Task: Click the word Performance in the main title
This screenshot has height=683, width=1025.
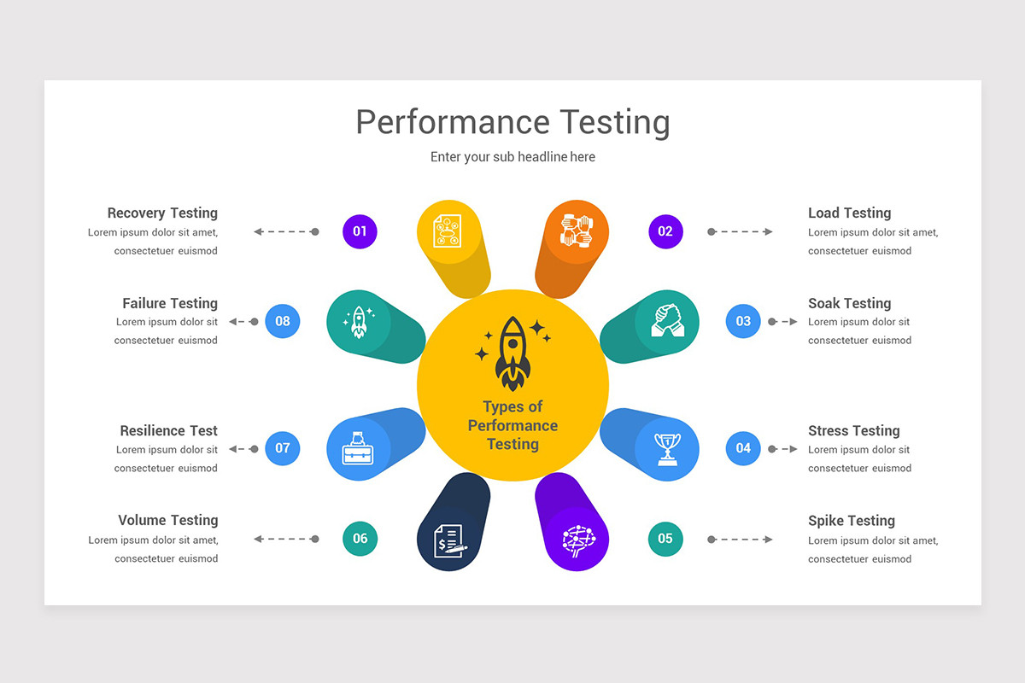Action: tap(453, 122)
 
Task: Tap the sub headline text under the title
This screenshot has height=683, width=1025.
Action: tap(512, 157)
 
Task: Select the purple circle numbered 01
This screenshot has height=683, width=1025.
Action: tap(360, 231)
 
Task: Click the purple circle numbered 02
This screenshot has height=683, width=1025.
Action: tap(665, 231)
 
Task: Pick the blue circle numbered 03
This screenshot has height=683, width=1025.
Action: tap(743, 321)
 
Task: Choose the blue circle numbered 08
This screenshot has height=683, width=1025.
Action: tap(283, 321)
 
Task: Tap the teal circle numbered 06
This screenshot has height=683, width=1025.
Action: tap(360, 538)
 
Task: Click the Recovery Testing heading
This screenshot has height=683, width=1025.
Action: tap(162, 213)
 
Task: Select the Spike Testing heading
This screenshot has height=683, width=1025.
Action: tap(852, 520)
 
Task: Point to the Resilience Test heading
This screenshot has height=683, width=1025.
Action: tap(168, 430)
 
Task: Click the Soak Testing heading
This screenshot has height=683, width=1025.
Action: tap(849, 303)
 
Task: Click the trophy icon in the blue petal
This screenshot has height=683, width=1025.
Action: tap(667, 448)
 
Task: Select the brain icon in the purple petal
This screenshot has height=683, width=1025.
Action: tap(577, 539)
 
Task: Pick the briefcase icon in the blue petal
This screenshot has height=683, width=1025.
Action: tap(359, 448)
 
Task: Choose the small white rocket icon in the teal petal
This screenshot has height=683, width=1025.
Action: tap(359, 322)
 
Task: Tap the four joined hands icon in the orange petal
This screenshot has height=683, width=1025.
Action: tap(577, 231)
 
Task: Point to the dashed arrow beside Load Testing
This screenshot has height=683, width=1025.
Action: tap(740, 231)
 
